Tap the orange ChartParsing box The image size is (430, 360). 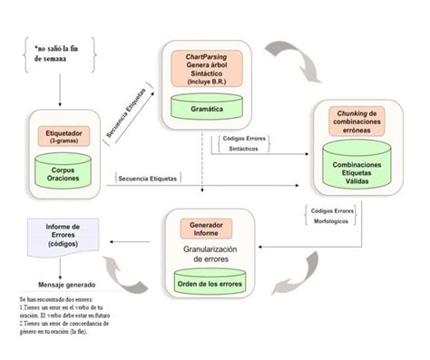tap(207, 67)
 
